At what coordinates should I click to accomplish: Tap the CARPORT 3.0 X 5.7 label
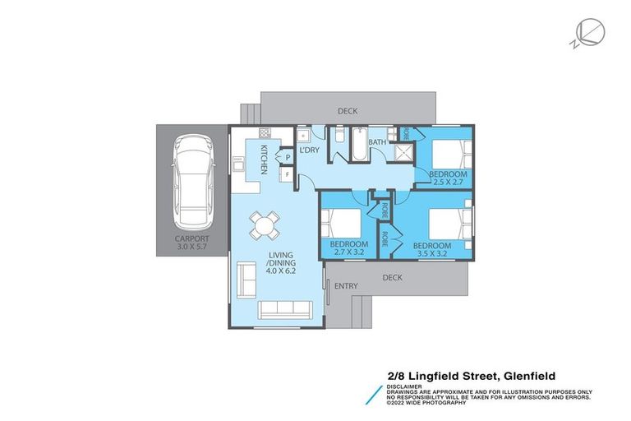point(192,244)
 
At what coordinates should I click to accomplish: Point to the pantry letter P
point(288,154)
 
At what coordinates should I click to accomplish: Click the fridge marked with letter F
point(287,174)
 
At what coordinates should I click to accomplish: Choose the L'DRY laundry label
point(309,150)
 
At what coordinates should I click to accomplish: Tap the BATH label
point(377,142)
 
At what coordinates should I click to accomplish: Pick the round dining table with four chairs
point(265,222)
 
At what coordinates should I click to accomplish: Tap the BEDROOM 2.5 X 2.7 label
point(449,178)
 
